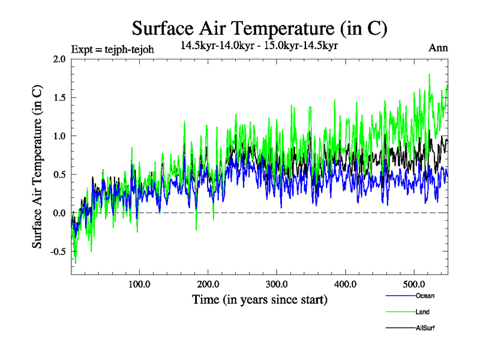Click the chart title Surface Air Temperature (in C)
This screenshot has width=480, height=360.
pyautogui.click(x=259, y=28)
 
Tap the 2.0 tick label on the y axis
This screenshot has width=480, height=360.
pyautogui.click(x=59, y=59)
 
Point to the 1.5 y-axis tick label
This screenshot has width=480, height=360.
pyautogui.click(x=59, y=97)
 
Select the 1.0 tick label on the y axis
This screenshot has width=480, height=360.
pyautogui.click(x=59, y=136)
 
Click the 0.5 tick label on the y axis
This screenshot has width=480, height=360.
pyautogui.click(x=59, y=175)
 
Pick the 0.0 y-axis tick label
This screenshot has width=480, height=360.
pyautogui.click(x=59, y=213)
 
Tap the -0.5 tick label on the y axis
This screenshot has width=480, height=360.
pyautogui.click(x=57, y=251)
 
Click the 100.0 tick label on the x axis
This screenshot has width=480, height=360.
pyautogui.click(x=139, y=284)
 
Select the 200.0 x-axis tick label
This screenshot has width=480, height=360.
pyautogui.click(x=208, y=284)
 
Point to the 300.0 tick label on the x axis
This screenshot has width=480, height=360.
pyautogui.click(x=277, y=284)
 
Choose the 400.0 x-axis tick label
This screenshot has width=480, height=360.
pyautogui.click(x=346, y=284)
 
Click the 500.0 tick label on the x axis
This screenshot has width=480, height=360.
pyautogui.click(x=414, y=284)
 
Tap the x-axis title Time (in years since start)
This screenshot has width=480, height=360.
pyautogui.click(x=260, y=299)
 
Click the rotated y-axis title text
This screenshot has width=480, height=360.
pyautogui.click(x=37, y=167)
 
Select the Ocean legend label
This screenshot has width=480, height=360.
pyautogui.click(x=424, y=296)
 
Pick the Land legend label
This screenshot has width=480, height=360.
pyautogui.click(x=422, y=312)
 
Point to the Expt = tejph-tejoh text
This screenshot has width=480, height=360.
pyautogui.click(x=112, y=49)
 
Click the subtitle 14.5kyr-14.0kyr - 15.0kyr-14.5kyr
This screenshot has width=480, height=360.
pyautogui.click(x=259, y=45)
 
